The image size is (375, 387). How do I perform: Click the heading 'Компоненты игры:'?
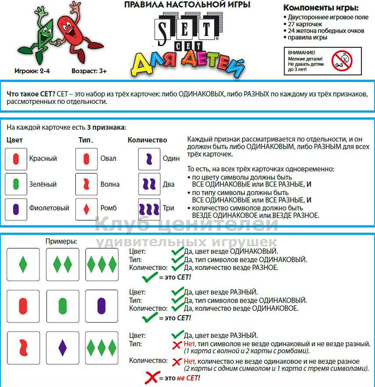tap(321, 8)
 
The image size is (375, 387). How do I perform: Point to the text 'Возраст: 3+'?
tap(89, 71)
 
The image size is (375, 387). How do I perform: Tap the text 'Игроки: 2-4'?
tap(32, 71)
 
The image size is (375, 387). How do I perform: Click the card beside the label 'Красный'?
tap(16, 159)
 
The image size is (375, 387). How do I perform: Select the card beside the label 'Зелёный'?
tap(16, 183)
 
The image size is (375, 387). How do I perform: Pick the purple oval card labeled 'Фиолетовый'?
tap(16, 208)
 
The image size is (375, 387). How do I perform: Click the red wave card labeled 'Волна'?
tap(86, 183)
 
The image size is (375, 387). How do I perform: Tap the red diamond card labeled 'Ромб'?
tap(86, 208)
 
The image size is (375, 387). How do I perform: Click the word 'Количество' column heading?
tap(147, 140)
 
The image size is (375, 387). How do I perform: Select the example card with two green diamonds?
tap(62, 264)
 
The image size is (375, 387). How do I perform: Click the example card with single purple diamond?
tap(62, 347)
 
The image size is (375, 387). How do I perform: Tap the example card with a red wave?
tap(23, 347)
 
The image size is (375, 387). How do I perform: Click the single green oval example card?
tap(62, 306)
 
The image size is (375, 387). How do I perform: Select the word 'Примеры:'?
tap(61, 241)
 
